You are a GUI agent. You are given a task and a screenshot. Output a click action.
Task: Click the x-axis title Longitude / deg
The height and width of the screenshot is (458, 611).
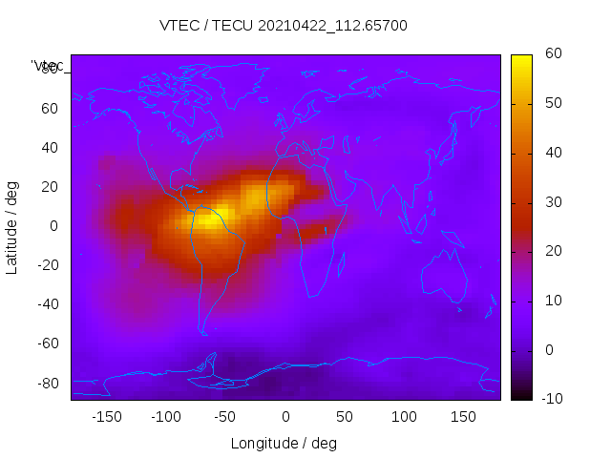click(x=284, y=443)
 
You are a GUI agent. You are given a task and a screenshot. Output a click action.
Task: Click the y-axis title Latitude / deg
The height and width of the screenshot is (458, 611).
click(x=12, y=225)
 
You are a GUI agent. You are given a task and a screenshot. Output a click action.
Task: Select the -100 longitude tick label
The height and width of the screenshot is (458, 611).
click(x=165, y=416)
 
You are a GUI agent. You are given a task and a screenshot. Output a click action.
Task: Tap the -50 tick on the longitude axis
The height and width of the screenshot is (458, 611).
click(x=225, y=416)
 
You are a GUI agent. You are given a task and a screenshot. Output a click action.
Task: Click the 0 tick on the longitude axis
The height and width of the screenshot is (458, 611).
click(x=285, y=416)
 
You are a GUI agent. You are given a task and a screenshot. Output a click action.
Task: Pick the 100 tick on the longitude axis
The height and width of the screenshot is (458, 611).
click(x=404, y=416)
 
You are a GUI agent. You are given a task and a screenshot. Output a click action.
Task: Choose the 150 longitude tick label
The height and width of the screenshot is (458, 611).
click(x=463, y=416)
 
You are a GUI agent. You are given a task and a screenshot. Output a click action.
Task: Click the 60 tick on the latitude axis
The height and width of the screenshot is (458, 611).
click(x=49, y=109)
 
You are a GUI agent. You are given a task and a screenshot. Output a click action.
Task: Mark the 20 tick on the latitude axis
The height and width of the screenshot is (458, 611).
click(x=49, y=187)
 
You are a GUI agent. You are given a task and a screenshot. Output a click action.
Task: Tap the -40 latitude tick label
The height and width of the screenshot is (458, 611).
click(x=46, y=304)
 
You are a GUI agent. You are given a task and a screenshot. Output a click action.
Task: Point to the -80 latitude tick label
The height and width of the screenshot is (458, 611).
click(x=46, y=383)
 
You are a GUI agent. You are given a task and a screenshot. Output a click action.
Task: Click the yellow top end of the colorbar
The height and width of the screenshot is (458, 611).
click(x=521, y=59)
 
